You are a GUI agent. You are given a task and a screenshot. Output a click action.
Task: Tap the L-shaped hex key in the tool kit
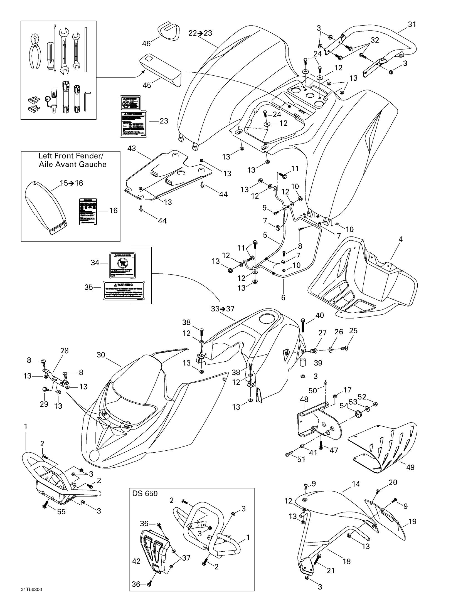(x=87, y=97)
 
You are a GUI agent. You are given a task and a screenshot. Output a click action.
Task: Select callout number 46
(x=146, y=43)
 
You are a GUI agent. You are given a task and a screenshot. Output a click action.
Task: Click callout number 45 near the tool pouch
(x=147, y=85)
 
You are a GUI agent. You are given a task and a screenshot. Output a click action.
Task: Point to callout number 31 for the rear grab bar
(x=412, y=24)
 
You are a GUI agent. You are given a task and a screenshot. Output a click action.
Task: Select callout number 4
(x=400, y=239)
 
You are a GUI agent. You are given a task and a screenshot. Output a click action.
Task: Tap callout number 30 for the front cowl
(x=101, y=355)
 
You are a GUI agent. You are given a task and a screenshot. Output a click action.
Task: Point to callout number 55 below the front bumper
(x=61, y=512)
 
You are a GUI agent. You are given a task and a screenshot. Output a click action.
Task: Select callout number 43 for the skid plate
(x=131, y=148)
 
